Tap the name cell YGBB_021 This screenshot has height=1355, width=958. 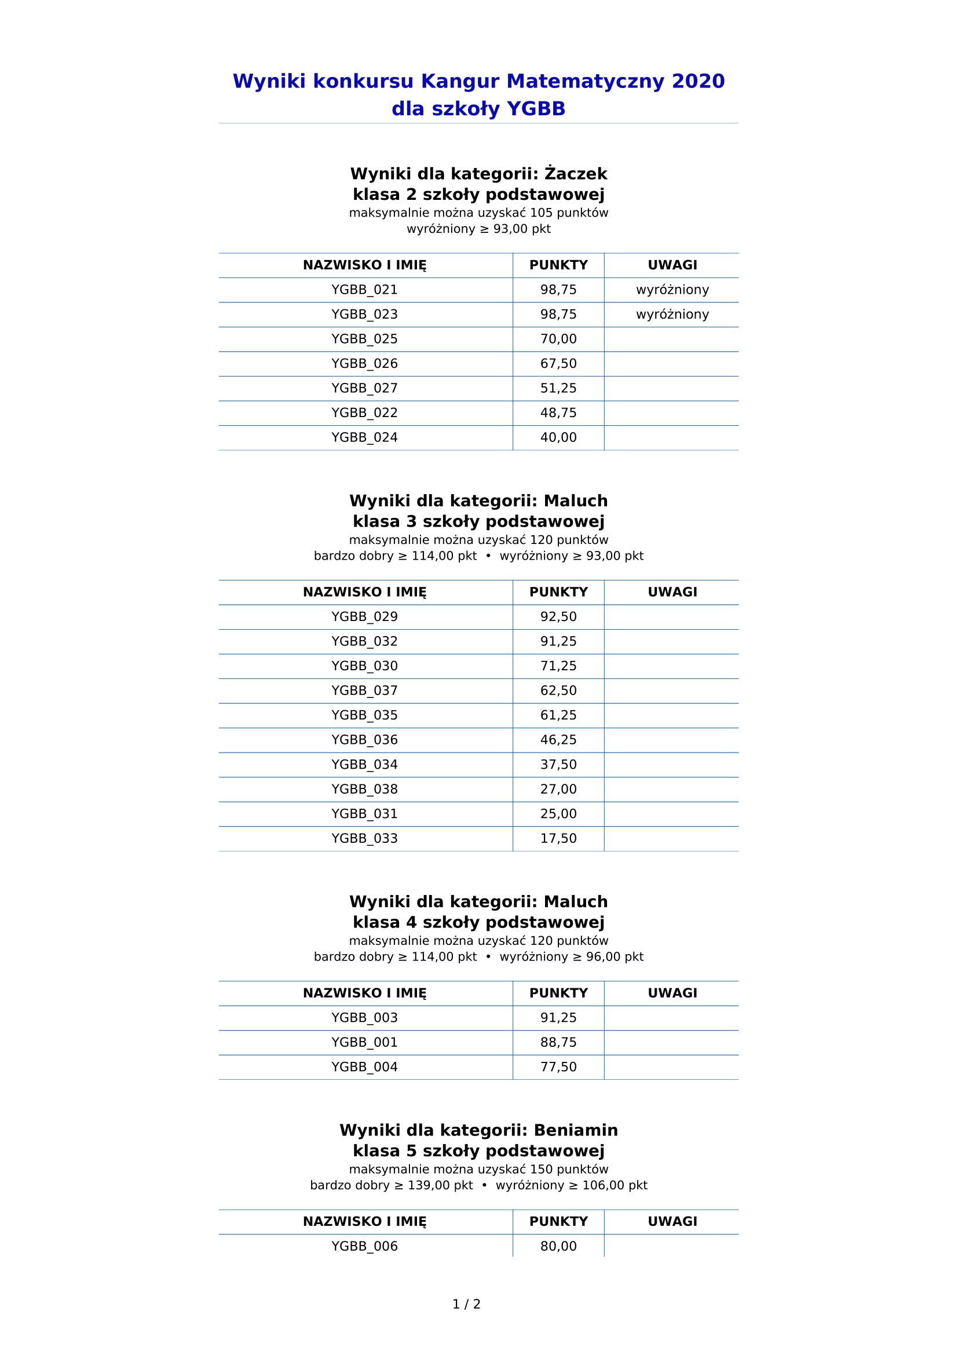click(x=364, y=290)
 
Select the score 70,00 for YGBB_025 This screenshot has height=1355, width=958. click(x=558, y=339)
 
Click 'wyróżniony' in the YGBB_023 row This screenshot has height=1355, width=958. click(x=672, y=315)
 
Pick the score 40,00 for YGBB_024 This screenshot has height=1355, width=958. click(x=558, y=438)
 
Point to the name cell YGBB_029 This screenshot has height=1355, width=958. click(x=364, y=617)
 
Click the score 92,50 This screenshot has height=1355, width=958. click(x=558, y=617)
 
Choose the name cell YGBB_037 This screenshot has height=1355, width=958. click(x=364, y=691)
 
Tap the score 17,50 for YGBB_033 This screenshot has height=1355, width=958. click(x=558, y=839)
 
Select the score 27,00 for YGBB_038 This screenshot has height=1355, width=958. click(x=558, y=789)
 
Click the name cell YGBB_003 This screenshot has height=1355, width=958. click(x=364, y=1017)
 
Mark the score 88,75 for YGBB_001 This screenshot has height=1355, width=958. click(x=558, y=1042)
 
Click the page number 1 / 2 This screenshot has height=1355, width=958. click(x=466, y=1304)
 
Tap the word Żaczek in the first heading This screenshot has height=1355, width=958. click(x=575, y=174)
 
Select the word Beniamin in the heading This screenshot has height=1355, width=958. click(x=575, y=1130)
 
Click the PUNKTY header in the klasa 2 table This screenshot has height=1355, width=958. click(x=558, y=265)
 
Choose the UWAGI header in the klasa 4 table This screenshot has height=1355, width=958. click(x=672, y=994)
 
